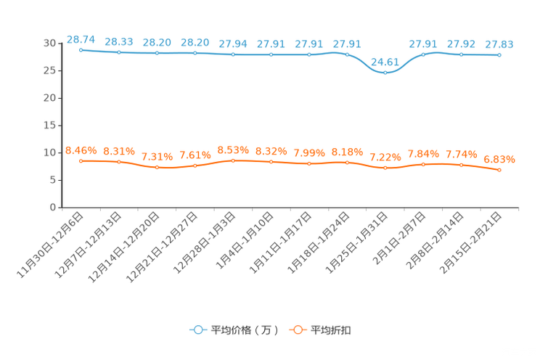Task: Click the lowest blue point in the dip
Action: [x=385, y=71]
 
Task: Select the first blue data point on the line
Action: [x=81, y=50]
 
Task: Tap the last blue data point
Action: [x=499, y=55]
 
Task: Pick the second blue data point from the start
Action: [x=119, y=52]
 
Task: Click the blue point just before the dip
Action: [x=347, y=54]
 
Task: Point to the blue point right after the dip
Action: [x=423, y=54]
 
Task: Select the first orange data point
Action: [x=81, y=160]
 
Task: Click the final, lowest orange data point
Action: [x=499, y=169]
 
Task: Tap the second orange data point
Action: [x=119, y=162]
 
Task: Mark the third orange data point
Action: [x=157, y=167]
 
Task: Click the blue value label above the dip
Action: [x=385, y=61]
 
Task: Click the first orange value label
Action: [x=81, y=150]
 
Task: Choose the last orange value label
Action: [x=499, y=158]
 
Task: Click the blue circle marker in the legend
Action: [x=197, y=330]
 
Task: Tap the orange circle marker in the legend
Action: [x=297, y=330]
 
